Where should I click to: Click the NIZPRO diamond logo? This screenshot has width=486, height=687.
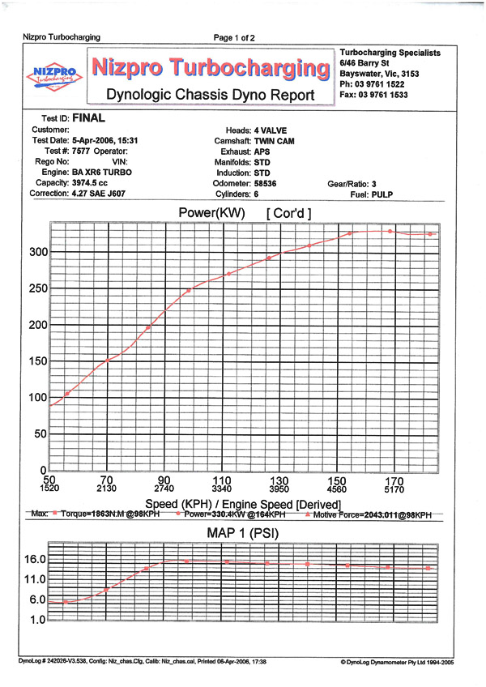(54, 76)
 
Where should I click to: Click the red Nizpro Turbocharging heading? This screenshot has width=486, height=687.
(211, 68)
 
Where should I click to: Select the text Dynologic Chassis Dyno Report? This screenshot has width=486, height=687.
(211, 95)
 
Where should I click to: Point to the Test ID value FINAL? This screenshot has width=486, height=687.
(88, 117)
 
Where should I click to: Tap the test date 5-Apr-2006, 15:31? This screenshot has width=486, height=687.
(104, 140)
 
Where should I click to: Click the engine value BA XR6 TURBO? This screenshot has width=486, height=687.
(102, 173)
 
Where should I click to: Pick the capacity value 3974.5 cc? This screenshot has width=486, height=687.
(90, 183)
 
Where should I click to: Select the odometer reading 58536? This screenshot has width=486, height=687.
(265, 183)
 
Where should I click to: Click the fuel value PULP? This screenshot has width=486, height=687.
(382, 194)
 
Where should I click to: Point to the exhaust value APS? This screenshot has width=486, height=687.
(262, 151)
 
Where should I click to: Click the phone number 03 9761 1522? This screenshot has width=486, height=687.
(380, 84)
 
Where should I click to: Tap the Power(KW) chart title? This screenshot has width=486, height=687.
(211, 213)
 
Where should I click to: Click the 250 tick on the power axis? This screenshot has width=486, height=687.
(39, 288)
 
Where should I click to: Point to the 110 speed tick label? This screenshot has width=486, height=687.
(222, 480)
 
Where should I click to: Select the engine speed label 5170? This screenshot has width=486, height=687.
(394, 489)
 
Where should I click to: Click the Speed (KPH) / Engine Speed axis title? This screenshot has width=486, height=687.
(243, 504)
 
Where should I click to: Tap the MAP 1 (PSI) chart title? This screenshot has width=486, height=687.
(243, 533)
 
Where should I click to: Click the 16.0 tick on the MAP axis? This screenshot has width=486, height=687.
(35, 559)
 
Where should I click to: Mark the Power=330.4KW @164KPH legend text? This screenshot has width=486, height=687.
(234, 514)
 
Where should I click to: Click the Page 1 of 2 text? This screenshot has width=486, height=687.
(234, 38)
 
